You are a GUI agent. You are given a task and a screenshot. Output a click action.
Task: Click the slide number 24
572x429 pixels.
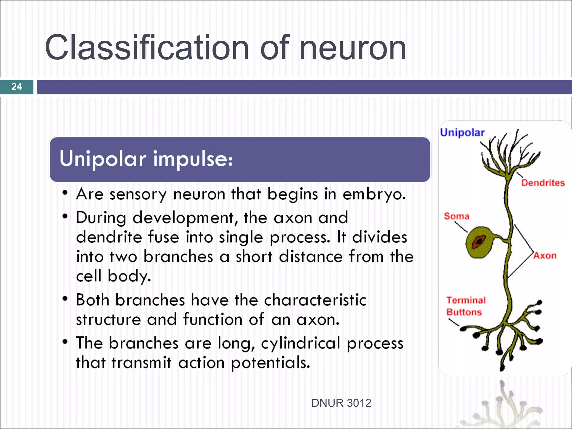click(16, 87)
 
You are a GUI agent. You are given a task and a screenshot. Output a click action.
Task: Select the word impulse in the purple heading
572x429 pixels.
click(193, 159)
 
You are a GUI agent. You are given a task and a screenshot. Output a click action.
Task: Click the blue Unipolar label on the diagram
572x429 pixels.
click(462, 132)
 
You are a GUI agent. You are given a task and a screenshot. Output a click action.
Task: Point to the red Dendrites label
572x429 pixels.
click(543, 183)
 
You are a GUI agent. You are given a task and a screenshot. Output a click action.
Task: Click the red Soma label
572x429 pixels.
click(456, 216)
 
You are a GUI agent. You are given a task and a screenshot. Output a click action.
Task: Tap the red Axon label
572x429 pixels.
click(545, 256)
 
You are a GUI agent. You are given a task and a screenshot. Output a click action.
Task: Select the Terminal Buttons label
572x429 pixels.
click(466, 306)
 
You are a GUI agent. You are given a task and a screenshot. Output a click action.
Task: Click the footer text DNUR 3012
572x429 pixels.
click(341, 403)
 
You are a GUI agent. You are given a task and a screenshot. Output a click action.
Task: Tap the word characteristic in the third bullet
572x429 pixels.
click(315, 300)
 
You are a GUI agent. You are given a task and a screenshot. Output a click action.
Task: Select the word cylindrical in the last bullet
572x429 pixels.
click(301, 343)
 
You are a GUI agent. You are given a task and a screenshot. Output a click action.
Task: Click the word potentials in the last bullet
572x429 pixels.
click(270, 363)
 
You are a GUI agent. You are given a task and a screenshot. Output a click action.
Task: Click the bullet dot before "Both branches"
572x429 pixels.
click(65, 299)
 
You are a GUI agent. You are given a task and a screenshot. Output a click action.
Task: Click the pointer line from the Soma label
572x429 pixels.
click(461, 227)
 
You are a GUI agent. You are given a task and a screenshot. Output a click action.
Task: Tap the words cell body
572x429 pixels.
click(113, 276)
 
